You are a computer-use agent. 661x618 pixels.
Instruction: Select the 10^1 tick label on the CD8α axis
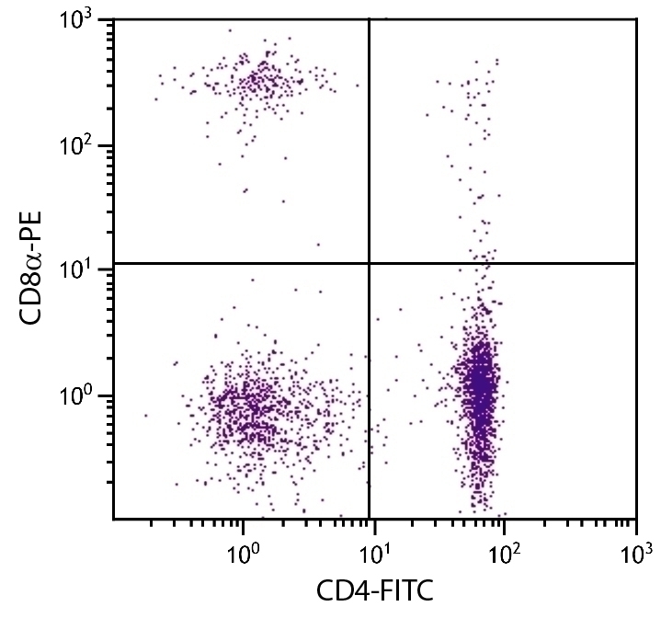83,270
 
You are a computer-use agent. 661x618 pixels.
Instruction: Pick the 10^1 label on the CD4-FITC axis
372,555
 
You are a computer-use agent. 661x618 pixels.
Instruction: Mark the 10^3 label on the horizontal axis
634,555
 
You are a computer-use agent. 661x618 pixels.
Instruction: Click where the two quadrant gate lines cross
369,263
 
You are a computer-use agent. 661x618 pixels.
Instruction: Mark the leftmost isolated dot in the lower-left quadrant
145,416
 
